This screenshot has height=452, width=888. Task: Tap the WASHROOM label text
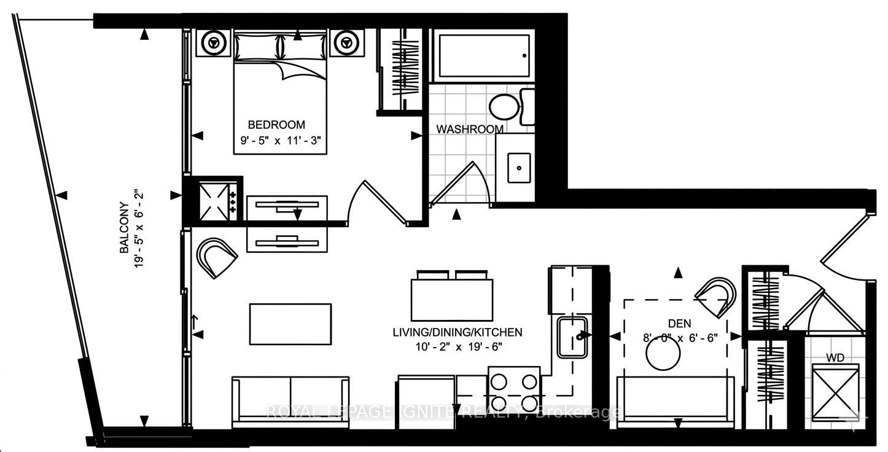pyautogui.click(x=470, y=129)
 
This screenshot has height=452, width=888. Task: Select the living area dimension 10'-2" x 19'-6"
pyautogui.click(x=458, y=347)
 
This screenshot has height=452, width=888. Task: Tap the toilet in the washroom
pyautogui.click(x=507, y=106)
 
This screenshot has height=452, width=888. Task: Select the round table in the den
pyautogui.click(x=663, y=354)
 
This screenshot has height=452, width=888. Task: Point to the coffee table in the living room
pyautogui.click(x=290, y=324)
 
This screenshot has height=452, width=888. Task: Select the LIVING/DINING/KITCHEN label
pyautogui.click(x=458, y=332)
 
